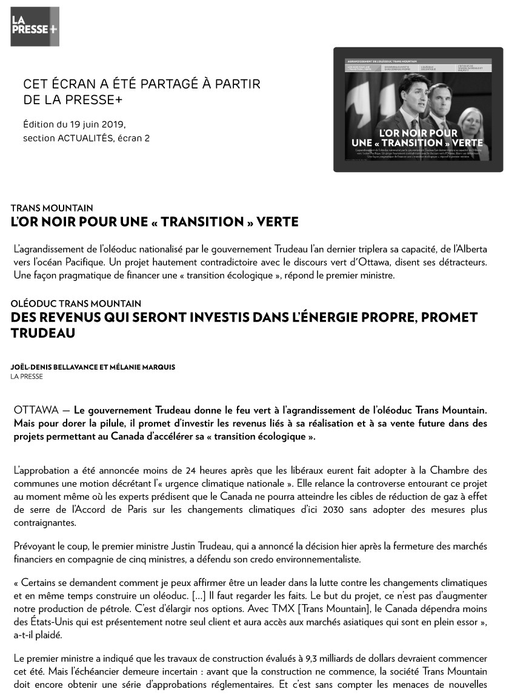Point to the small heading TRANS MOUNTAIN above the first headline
52,208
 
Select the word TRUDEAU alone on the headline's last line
43,333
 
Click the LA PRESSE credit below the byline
27,376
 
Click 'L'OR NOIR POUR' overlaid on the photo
418,133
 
